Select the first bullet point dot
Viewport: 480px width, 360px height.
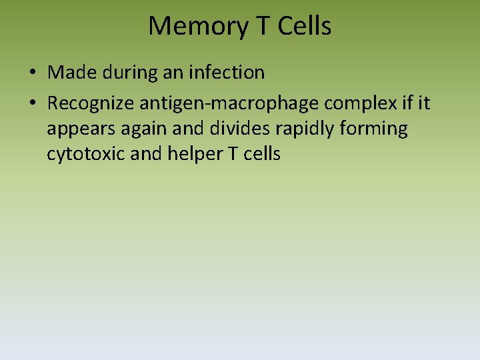click(x=33, y=73)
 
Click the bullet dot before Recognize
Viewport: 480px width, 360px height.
click(x=33, y=104)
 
